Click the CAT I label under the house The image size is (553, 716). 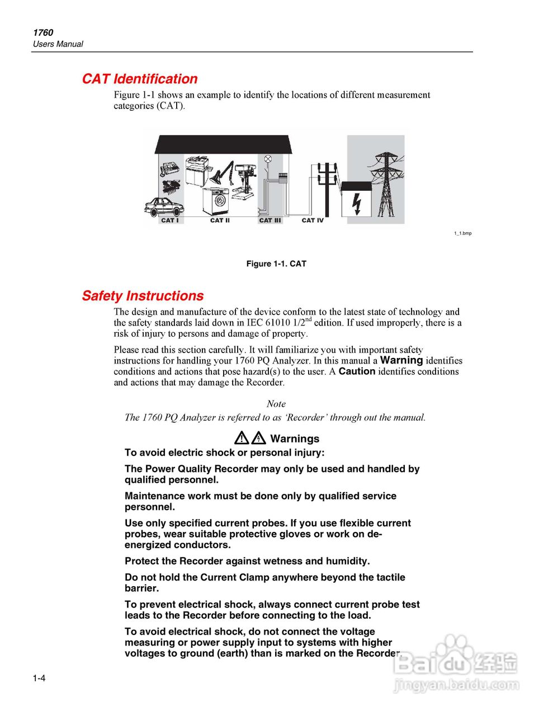coord(169,220)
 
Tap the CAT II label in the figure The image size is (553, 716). coord(220,220)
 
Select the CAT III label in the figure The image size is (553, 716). coord(270,220)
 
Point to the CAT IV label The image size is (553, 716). coord(313,220)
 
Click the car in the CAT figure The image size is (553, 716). coord(163,208)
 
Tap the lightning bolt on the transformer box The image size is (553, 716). coord(356,203)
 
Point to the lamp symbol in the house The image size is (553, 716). coord(268,159)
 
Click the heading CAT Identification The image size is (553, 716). coord(140,79)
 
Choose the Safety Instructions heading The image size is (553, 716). coord(143,296)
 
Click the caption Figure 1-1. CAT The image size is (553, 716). coord(276,263)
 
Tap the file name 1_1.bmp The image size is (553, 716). coord(462,233)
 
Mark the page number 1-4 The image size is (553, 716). coord(39,679)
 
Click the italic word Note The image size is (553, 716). coord(276,404)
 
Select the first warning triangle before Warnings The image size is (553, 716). coord(242,438)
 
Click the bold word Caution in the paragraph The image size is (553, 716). coord(357,371)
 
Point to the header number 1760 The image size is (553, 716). coord(43,32)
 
